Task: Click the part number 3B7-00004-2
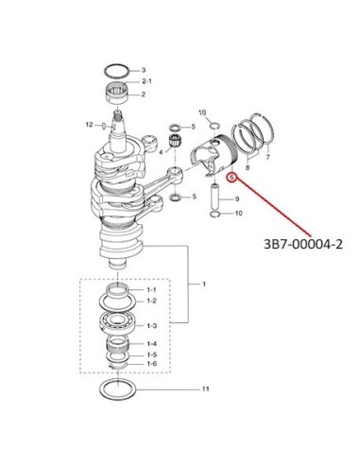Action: (303, 244)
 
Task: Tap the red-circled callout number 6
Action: (231, 178)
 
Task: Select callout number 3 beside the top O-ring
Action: (143, 70)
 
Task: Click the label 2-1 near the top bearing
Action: (146, 81)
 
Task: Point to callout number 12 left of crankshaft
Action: (90, 125)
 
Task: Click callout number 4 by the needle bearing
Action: (161, 152)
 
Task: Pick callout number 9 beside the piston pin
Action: (237, 199)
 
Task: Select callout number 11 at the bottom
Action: (205, 389)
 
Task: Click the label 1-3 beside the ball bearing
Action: (152, 326)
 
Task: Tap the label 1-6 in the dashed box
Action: (152, 364)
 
